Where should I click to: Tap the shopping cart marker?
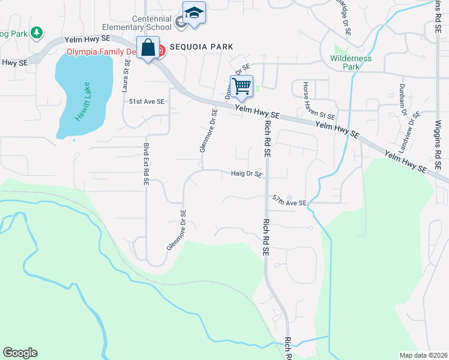241,85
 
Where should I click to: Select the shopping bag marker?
148,48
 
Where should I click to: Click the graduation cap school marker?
194,13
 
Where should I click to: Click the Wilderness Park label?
351,62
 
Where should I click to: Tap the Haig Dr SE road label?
246,175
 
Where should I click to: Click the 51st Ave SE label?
146,102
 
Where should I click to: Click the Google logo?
20,353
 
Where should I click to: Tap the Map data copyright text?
423,355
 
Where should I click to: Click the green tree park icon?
37,32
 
